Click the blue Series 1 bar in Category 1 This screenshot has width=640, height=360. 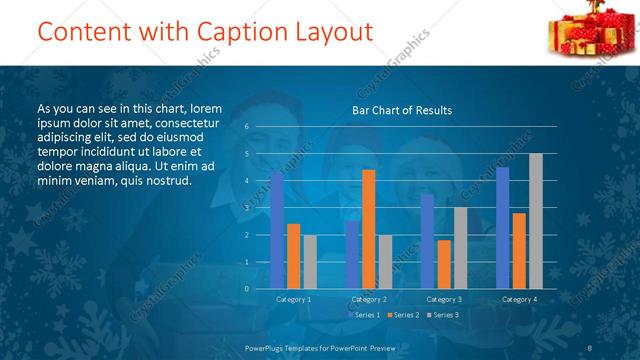tap(277, 230)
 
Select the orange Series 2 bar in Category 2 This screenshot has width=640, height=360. tap(368, 229)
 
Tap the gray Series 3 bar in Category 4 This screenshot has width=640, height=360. tap(536, 221)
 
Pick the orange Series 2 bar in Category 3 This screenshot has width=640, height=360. tap(443, 264)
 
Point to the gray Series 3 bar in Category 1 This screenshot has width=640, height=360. tap(310, 262)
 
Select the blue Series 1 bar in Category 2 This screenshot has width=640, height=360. tap(352, 255)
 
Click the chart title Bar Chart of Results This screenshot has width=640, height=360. tap(402, 110)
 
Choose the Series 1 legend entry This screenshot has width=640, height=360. tap(362, 315)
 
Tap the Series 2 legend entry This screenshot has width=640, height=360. tap(402, 315)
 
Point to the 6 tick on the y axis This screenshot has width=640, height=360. tap(246, 127)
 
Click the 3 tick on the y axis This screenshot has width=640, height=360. tap(246, 208)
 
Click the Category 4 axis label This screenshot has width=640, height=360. tap(519, 299)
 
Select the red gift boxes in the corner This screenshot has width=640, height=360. tap(584, 30)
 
